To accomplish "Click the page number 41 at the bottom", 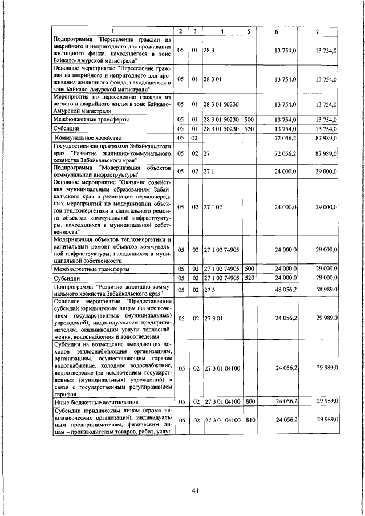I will [x=194, y=492].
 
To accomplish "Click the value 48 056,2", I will [x=287, y=290].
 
